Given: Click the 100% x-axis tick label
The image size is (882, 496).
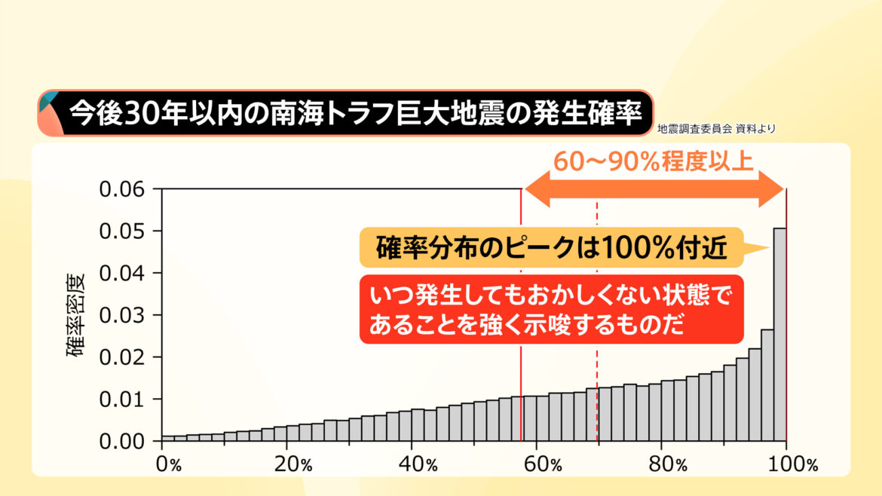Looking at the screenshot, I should point(793,464).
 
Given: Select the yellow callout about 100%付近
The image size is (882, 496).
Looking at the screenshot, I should point(552,247).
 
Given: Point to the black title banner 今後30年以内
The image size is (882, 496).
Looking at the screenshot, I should point(347,114).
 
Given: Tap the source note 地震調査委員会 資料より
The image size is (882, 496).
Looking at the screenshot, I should point(716,129).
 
